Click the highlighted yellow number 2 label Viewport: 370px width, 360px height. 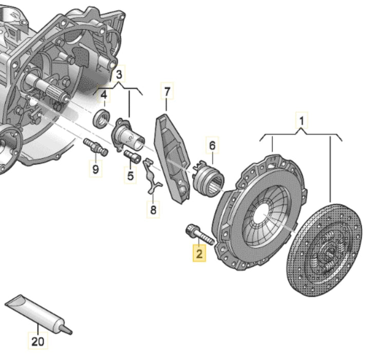tap(198, 254)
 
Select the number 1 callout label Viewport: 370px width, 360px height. tap(302, 121)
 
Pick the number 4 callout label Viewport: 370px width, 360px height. tap(103, 95)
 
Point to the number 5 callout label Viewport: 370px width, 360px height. tap(130, 175)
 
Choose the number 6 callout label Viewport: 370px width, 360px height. tap(212, 146)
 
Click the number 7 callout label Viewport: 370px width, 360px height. tap(167, 93)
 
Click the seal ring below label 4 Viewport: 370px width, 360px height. tap(101, 117)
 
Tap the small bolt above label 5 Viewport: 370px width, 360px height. tap(133, 155)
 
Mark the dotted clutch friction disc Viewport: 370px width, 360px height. tap(324, 252)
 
